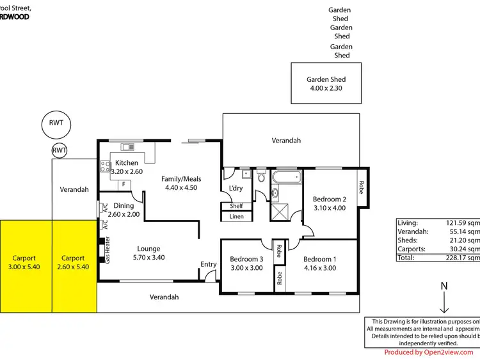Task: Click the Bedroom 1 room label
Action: (320, 259)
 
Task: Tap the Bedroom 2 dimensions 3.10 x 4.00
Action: (330, 208)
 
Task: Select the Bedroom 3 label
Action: (246, 259)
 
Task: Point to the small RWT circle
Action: (60, 151)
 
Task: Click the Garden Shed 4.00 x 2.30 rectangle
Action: (326, 84)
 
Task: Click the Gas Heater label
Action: (108, 249)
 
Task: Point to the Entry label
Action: (209, 264)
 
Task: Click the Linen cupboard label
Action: (236, 217)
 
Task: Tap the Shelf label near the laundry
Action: (236, 206)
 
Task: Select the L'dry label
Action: (236, 188)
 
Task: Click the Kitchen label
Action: (127, 163)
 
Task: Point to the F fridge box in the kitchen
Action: (124, 185)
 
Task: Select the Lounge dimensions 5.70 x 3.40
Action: (148, 257)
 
